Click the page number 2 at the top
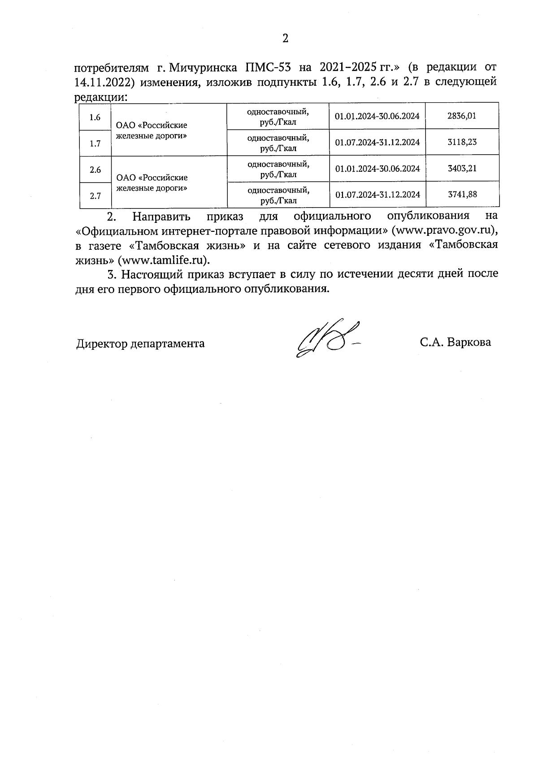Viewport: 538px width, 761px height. coord(285,39)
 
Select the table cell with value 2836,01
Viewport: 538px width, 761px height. coord(461,116)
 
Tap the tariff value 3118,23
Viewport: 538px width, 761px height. coord(462,142)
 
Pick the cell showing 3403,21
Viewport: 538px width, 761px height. coord(462,169)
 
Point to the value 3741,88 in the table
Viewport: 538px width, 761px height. coord(462,195)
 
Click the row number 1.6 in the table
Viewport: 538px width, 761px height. coord(95,117)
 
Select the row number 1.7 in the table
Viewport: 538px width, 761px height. coord(95,144)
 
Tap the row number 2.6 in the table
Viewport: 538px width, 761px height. coord(95,170)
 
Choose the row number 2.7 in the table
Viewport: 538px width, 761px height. coord(95,196)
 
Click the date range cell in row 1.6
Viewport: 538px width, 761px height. coord(377,116)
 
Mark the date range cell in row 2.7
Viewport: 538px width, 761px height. coord(377,195)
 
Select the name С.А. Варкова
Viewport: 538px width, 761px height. coord(455,343)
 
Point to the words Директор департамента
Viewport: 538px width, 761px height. coord(140,344)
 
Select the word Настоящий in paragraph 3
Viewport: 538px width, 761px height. coord(154,274)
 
